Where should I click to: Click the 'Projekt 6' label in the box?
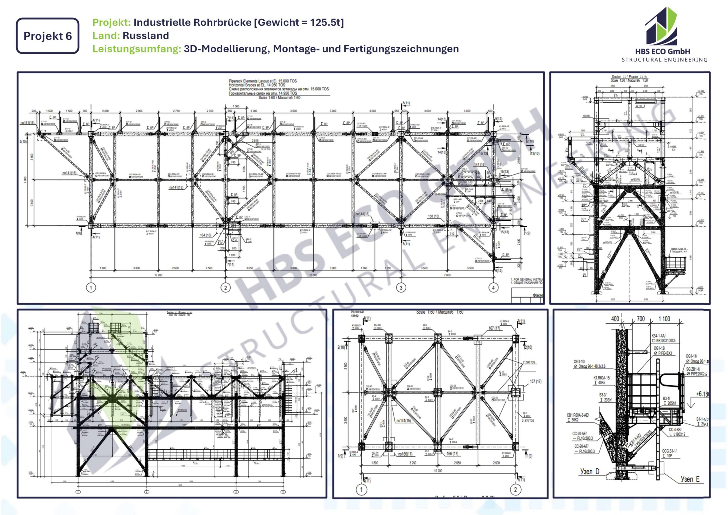(x=47, y=36)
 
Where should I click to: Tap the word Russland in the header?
(x=146, y=36)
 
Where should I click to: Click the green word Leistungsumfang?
(x=136, y=49)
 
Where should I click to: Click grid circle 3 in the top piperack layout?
(x=401, y=288)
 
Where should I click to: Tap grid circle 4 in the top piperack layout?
(x=493, y=288)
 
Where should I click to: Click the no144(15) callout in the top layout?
(x=362, y=214)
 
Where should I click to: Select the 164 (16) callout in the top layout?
(x=206, y=235)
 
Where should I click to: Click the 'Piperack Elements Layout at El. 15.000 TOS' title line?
(x=262, y=81)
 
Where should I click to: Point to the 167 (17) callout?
(x=494, y=328)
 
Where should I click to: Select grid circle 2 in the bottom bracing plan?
(x=515, y=489)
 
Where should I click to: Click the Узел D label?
(x=590, y=471)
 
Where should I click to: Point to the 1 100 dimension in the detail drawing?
(x=664, y=319)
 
